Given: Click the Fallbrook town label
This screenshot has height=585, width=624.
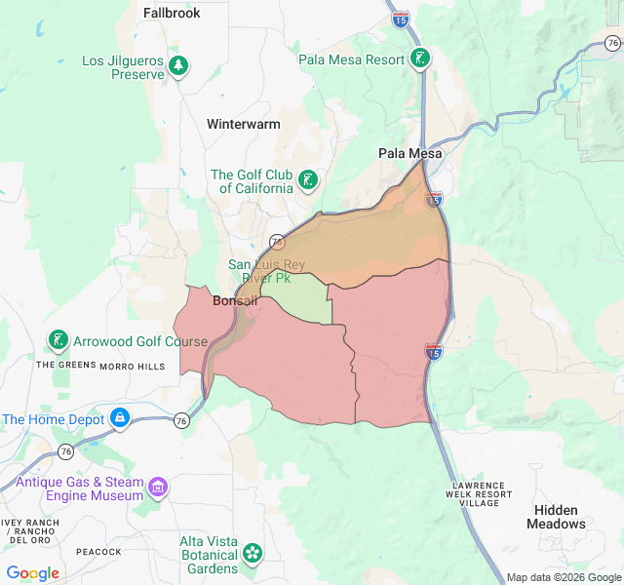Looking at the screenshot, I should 172,13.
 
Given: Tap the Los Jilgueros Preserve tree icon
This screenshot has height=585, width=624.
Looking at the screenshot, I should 178,66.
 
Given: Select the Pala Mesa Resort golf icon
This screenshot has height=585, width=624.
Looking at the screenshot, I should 419,58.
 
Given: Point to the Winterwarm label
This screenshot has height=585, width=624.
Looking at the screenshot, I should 243,124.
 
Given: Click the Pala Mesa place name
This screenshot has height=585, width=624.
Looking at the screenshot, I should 410,154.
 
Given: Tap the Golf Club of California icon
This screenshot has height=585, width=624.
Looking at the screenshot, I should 308,179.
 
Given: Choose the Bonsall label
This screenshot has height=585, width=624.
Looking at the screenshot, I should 235,300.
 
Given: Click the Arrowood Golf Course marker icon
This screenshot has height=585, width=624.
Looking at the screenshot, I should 58,341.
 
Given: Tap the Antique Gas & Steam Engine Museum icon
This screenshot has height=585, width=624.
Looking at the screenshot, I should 158,486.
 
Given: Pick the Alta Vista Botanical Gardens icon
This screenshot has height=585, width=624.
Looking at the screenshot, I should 253,553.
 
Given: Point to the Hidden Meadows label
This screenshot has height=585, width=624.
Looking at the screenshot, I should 556,517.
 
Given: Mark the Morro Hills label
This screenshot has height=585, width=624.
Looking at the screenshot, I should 133,366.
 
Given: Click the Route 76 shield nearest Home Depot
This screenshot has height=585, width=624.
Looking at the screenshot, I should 181,420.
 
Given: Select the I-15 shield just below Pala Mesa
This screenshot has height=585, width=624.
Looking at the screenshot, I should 434,200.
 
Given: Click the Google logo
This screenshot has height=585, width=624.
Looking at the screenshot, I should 33,573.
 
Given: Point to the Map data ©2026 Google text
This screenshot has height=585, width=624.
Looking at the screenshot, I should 564,577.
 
